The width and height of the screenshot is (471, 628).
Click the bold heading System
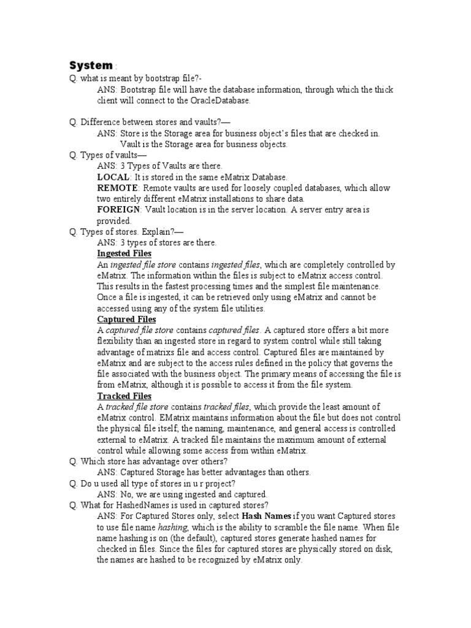(91, 65)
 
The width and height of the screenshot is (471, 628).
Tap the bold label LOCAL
(113, 177)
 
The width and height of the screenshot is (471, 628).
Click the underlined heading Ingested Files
(124, 253)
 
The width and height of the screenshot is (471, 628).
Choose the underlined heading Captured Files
(126, 320)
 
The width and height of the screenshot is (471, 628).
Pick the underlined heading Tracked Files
(124, 396)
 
